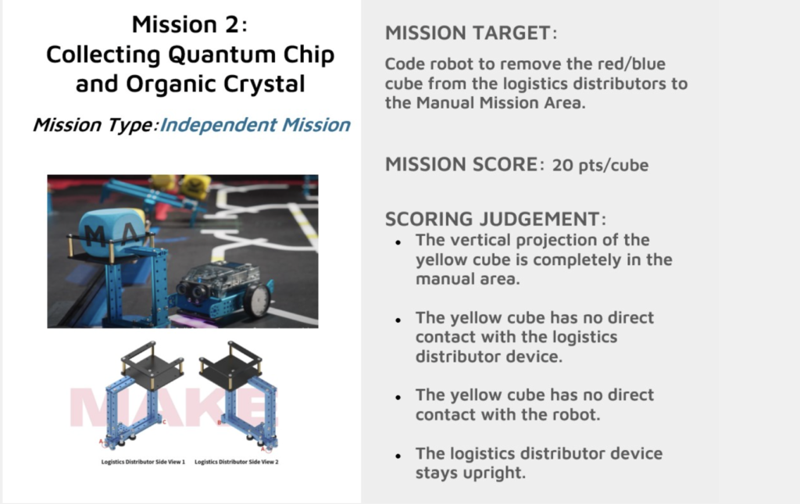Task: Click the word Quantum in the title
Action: coord(222,55)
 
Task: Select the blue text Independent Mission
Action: coord(255,124)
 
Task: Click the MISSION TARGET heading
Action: coord(471,33)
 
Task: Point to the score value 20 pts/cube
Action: coord(601,166)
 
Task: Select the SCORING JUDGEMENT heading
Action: coord(495,219)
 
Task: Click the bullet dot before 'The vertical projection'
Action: coord(398,243)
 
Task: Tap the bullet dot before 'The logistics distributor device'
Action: coord(398,456)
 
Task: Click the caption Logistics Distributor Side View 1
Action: coord(143,462)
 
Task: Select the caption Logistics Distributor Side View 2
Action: coord(237,462)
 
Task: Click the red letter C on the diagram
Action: coord(164,422)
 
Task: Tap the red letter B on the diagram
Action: coord(220,423)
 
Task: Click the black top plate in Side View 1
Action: coord(152,366)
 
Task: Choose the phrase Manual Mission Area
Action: coord(500,102)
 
